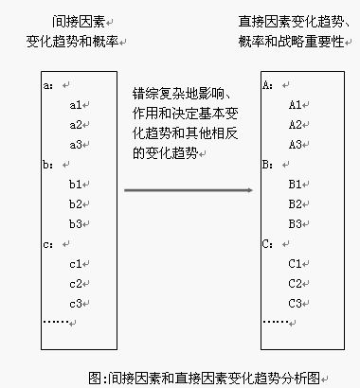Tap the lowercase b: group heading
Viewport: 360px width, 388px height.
(49, 164)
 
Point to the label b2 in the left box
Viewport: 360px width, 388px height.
(76, 203)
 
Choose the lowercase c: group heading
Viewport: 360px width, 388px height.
(49, 244)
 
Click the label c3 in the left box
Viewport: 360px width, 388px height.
(76, 303)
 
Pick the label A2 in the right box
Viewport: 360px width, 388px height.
(295, 124)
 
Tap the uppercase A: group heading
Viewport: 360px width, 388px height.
(267, 84)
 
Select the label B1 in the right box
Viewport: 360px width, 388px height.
(295, 184)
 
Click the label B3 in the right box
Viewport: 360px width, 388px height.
(295, 223)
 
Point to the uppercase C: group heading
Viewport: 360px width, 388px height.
(267, 244)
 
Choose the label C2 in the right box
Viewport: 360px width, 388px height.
(295, 283)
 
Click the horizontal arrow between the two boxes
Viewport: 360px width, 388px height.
(189, 190)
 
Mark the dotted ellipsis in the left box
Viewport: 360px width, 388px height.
(58, 322)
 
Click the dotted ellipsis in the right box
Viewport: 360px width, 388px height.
(276, 322)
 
